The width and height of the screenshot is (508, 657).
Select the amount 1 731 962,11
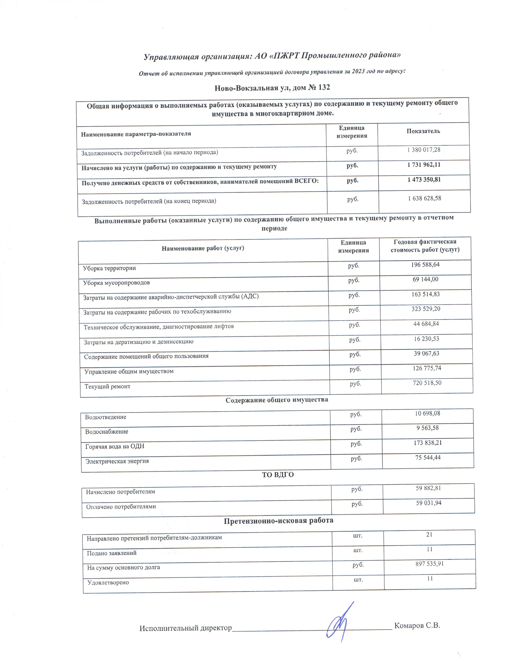[x=424, y=165]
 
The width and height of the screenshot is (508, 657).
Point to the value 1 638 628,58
[x=425, y=198]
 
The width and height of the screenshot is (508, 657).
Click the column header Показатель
[x=423, y=131]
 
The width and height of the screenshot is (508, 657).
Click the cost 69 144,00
[x=426, y=279]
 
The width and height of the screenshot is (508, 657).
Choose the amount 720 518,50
[x=427, y=383]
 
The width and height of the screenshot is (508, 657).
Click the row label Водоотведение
[x=106, y=417]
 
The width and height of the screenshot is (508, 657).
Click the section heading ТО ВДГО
[x=278, y=475]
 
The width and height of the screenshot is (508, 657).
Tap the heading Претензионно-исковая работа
[x=278, y=520]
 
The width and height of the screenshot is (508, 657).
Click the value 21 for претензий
[x=429, y=535]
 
